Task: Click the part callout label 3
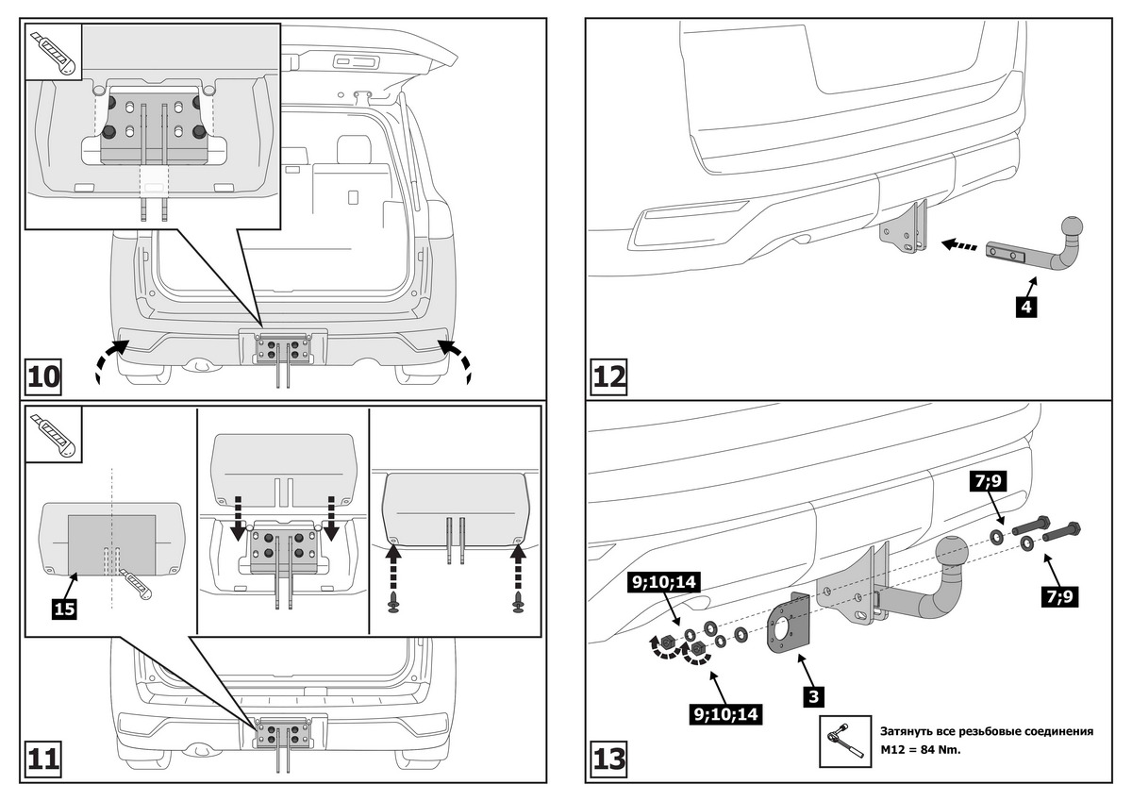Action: pos(814,697)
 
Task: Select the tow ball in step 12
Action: pos(1074,227)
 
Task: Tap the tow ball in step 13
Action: pos(951,551)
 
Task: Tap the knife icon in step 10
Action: pos(54,53)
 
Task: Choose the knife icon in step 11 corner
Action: pos(54,436)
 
